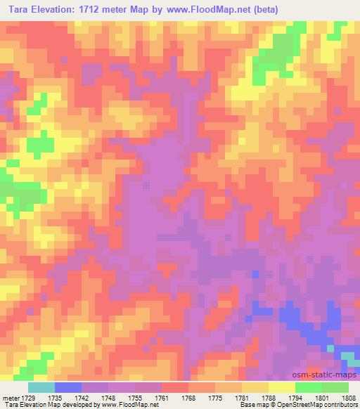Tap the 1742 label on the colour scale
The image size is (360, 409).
click(x=94, y=398)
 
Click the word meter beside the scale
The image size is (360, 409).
click(x=11, y=398)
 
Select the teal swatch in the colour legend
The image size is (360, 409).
click(x=41, y=387)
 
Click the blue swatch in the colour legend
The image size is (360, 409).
click(x=67, y=387)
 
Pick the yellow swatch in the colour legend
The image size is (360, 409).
click(x=281, y=387)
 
